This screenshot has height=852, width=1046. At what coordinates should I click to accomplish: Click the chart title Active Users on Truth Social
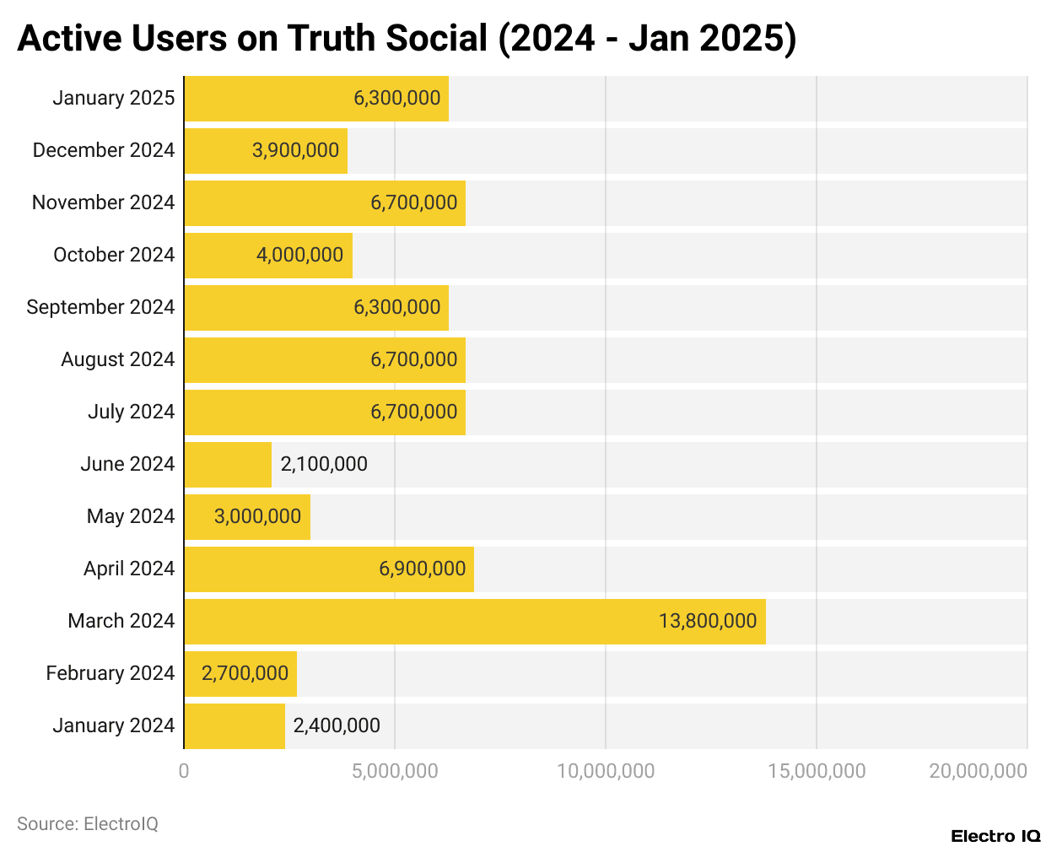406,39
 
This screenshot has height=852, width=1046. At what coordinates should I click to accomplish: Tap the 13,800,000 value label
707,622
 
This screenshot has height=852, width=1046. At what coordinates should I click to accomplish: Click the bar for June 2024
228,465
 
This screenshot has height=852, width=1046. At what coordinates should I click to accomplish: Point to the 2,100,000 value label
324,465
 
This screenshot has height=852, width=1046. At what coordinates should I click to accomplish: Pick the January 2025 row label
113,98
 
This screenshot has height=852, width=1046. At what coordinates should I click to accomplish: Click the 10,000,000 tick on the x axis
606,771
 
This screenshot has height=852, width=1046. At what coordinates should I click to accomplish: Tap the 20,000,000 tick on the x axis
978,771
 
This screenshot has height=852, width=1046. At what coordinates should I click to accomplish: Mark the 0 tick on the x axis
184,771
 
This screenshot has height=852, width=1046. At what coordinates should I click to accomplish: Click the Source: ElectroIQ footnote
88,824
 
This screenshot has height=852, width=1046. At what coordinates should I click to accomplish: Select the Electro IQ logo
995,836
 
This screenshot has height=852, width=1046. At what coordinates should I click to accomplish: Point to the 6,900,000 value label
422,569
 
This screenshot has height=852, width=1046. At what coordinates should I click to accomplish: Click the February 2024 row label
110,674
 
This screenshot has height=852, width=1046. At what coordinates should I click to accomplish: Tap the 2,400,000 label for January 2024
337,726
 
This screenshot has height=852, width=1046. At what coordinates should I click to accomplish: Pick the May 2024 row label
130,517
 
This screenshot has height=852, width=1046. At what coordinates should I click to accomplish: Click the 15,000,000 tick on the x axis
817,771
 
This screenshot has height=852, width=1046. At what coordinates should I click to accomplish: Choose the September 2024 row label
100,308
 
